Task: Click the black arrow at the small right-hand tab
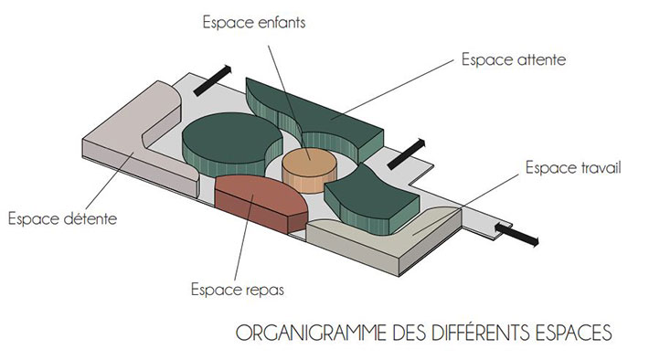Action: (x=518, y=234)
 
